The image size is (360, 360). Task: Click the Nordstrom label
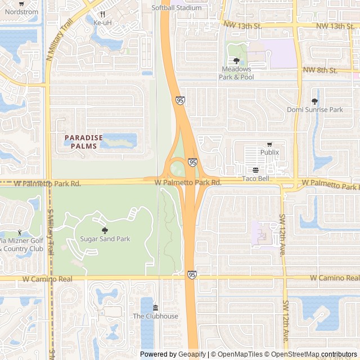click(12, 12)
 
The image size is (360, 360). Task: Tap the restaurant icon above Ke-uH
click(102, 15)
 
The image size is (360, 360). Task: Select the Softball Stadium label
click(176, 8)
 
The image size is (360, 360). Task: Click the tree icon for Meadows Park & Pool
click(236, 61)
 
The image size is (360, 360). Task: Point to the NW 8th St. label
click(319, 70)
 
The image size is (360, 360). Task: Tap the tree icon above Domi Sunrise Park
click(314, 101)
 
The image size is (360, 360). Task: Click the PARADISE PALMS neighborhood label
click(84, 142)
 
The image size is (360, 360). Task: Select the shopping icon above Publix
click(269, 144)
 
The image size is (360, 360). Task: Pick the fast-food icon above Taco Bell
click(256, 170)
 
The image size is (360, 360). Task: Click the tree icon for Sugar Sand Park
click(105, 230)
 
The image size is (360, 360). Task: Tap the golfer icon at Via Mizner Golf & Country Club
click(20, 232)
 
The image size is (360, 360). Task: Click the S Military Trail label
click(51, 231)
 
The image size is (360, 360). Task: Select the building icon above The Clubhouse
click(155, 307)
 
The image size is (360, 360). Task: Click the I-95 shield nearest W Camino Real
click(192, 274)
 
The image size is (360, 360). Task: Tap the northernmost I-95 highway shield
click(179, 100)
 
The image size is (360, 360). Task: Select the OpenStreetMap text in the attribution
click(296, 354)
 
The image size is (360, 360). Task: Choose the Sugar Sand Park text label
click(105, 239)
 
